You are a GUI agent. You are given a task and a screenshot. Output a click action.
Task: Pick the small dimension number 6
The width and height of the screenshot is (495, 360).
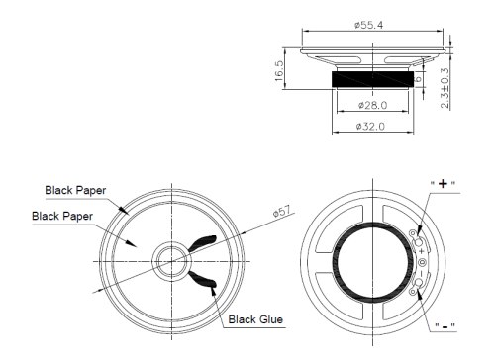coord(418,77)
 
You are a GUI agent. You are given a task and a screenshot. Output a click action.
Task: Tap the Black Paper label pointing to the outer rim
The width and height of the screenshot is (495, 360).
coord(75,189)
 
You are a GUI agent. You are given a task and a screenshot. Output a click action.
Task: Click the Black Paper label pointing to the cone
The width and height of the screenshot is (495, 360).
coord(62,215)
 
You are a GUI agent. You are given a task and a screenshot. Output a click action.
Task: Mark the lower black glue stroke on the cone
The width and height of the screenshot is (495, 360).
coord(203,280)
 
